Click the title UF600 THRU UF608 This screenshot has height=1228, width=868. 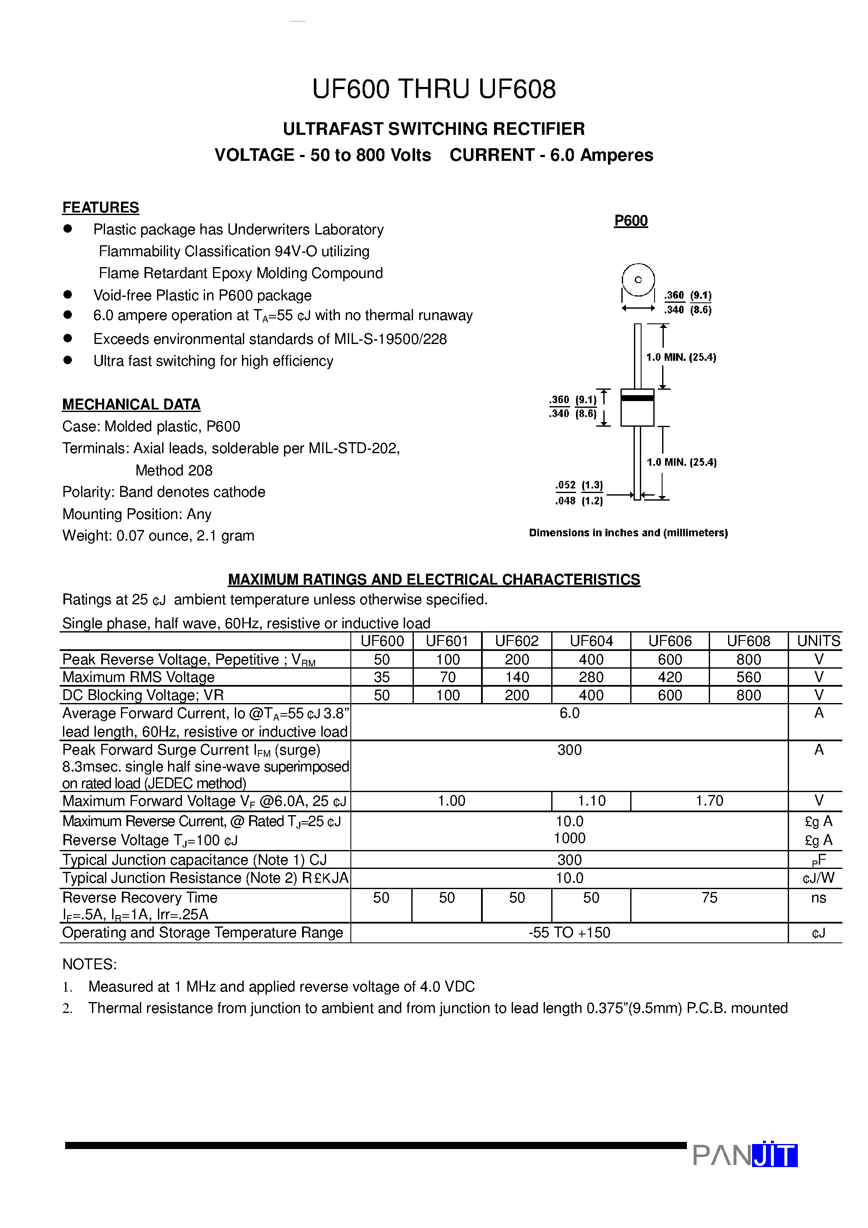(434, 89)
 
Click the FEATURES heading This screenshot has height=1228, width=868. (100, 207)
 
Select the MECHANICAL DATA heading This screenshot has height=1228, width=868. (131, 404)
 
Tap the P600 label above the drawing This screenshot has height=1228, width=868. (631, 221)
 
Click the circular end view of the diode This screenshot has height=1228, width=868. (638, 280)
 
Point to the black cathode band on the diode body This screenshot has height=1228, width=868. (637, 397)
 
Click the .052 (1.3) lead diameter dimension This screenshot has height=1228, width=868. (579, 485)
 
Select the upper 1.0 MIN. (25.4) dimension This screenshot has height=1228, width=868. (681, 357)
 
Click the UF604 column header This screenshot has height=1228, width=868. (591, 641)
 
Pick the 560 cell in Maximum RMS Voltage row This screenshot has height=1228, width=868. (748, 677)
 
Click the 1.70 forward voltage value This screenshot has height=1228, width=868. (709, 800)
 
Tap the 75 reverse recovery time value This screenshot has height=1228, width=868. (709, 897)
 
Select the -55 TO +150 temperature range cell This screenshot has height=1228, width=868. (569, 932)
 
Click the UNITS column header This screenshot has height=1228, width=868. (818, 641)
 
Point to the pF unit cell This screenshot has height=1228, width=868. (818, 860)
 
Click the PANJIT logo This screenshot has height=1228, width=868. (745, 1155)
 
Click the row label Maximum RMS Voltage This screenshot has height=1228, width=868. (138, 677)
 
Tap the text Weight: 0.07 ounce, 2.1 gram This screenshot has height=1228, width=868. (158, 535)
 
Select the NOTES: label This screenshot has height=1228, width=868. (89, 964)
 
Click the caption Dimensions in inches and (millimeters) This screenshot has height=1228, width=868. (628, 533)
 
